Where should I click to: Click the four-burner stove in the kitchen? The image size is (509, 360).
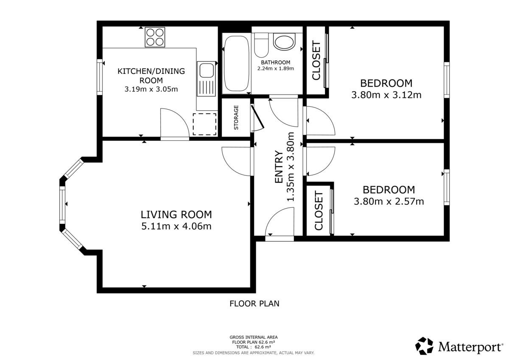(x=155, y=37)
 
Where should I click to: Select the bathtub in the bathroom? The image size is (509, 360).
(x=236, y=64)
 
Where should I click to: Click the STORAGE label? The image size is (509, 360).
(x=236, y=117)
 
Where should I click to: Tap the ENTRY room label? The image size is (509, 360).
(x=279, y=167)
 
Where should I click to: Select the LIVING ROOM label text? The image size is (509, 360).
(x=176, y=215)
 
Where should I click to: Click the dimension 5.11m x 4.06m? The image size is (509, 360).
(x=176, y=226)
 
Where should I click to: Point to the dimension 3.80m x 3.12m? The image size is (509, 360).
(x=386, y=95)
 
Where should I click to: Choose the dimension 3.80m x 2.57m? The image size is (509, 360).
(x=389, y=201)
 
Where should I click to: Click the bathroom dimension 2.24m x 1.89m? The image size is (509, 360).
(x=275, y=68)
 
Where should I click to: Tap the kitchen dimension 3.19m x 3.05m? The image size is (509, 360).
(x=151, y=89)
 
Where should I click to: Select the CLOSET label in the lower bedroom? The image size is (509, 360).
(x=319, y=211)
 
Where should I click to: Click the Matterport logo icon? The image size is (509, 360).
(x=424, y=346)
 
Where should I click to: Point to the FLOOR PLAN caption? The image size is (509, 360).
(x=254, y=303)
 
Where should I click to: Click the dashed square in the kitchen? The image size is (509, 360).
(x=204, y=124)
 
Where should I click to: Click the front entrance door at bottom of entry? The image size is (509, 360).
(x=280, y=225)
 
